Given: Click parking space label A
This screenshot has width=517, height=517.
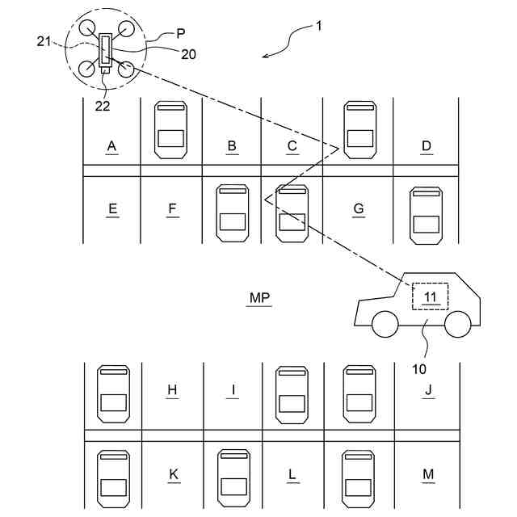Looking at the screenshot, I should (112, 146).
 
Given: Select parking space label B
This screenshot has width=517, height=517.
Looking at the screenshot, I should (232, 146).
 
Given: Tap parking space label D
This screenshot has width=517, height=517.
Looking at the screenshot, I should (427, 146).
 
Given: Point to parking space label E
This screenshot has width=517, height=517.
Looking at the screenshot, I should (112, 209).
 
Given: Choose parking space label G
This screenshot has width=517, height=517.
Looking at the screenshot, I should (359, 209).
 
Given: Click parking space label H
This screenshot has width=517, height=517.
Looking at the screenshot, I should (172, 390).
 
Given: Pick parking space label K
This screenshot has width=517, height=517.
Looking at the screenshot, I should (173, 474).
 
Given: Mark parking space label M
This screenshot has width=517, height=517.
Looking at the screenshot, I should (429, 474).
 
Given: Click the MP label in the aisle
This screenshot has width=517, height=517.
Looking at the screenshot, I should (259, 298).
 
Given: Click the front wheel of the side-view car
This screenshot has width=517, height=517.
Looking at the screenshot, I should (385, 324).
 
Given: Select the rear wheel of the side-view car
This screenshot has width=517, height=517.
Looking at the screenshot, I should (458, 324).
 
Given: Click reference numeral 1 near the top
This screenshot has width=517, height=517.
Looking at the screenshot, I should (318, 26).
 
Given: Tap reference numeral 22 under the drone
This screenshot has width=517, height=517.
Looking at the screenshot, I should (102, 104).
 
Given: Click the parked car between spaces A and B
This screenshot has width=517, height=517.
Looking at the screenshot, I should (171, 128).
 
